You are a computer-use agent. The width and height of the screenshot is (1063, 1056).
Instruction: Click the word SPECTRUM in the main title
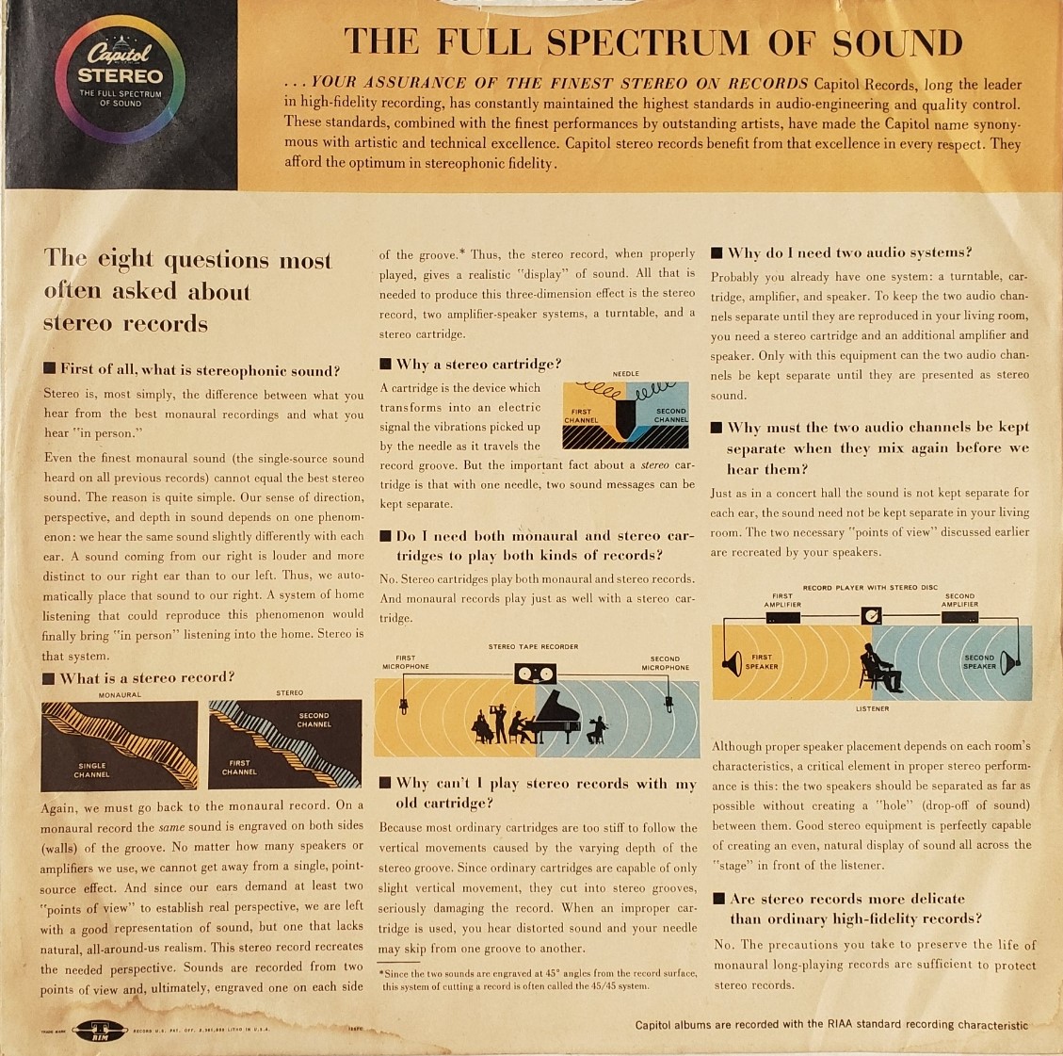[x=648, y=42]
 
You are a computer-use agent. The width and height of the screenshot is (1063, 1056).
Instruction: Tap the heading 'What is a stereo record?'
[x=147, y=677]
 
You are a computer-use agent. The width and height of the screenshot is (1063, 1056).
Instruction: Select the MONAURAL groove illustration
[x=120, y=746]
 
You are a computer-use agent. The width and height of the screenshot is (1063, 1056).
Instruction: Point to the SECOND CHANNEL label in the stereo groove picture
[x=314, y=720]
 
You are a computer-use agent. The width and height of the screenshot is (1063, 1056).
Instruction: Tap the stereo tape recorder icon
[x=535, y=674]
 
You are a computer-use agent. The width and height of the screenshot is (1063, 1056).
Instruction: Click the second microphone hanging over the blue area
[x=668, y=704]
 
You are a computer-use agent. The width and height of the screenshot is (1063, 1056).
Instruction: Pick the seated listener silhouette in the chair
[x=879, y=668]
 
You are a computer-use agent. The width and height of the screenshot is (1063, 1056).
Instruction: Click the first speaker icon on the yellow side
[x=733, y=663]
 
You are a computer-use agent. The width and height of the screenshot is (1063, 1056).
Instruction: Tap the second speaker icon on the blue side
[x=1009, y=662]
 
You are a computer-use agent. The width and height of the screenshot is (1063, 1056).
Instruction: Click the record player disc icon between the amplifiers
[x=871, y=615]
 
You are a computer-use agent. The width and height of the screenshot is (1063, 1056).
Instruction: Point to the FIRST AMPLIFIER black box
[x=783, y=618]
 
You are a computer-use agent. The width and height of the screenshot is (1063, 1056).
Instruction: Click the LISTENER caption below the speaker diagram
[x=872, y=708]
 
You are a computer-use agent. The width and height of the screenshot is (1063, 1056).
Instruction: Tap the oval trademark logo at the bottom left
[x=100, y=1031]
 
